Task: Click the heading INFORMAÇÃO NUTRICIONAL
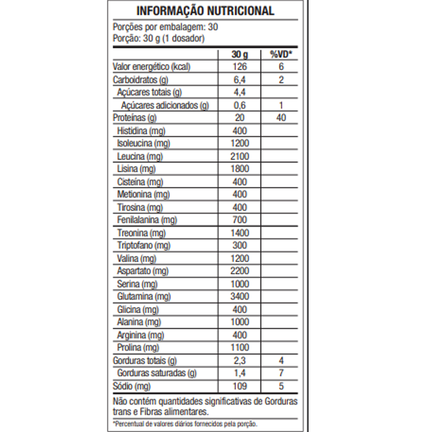205,11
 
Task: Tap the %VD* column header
281,54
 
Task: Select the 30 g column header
239,54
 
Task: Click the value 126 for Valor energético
239,67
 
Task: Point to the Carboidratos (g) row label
140,80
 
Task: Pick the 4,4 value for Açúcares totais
239,92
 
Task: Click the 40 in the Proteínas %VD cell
281,118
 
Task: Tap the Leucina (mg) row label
140,156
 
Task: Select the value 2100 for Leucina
239,156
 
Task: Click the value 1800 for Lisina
239,169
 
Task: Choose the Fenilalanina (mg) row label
147,220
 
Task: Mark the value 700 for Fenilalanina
239,220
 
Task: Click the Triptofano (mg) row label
144,246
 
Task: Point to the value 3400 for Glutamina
239,296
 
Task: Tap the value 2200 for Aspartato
239,271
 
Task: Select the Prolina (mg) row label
138,347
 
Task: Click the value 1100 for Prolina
239,347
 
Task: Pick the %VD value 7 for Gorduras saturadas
281,373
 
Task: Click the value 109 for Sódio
239,386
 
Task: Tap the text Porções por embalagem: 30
165,27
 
